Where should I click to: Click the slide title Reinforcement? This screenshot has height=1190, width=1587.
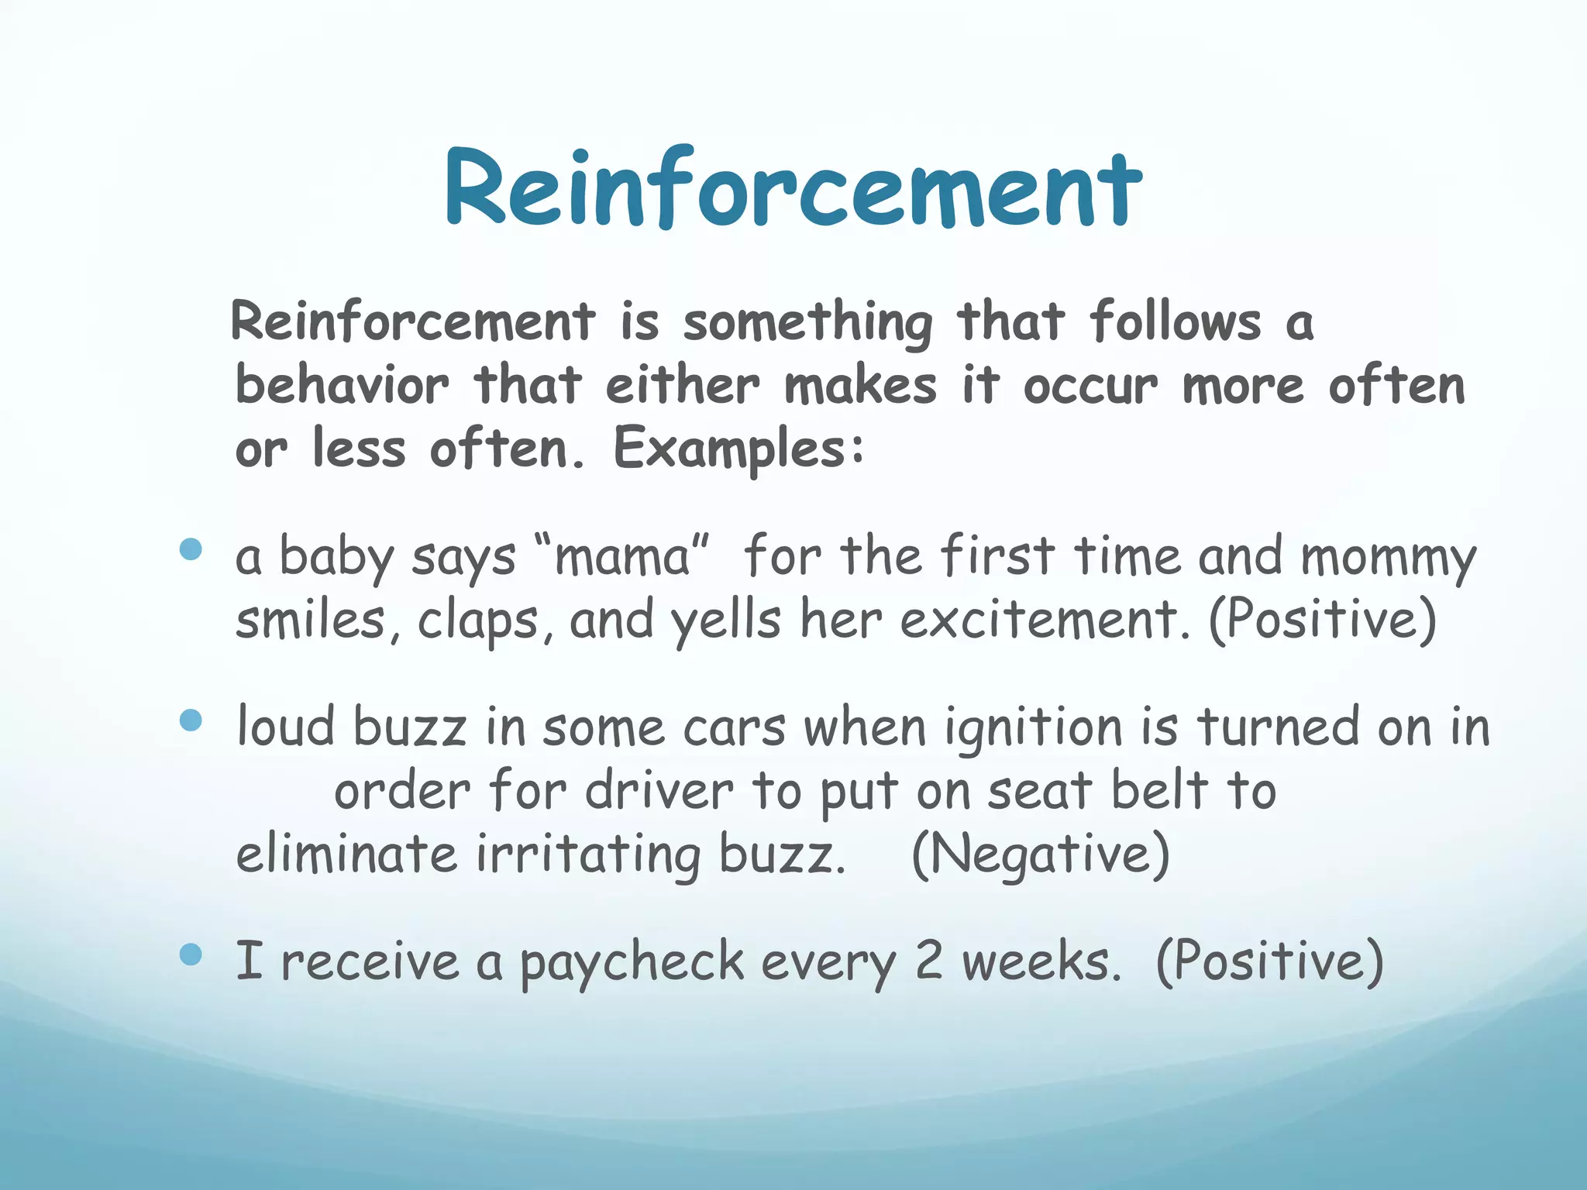(793, 189)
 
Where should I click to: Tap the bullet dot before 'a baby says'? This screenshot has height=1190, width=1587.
(191, 550)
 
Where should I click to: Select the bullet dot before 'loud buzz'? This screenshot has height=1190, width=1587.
(191, 721)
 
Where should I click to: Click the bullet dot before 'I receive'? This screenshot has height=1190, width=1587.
(191, 954)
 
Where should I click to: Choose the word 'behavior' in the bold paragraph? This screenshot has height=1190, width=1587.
(342, 385)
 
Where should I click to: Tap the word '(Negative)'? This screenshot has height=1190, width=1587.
(1040, 854)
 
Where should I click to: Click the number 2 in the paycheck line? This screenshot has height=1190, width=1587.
(928, 961)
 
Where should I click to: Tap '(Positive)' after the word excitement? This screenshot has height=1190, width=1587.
(1323, 621)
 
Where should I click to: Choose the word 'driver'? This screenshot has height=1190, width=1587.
(659, 792)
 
